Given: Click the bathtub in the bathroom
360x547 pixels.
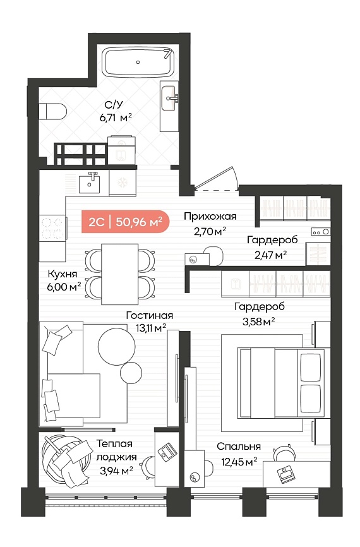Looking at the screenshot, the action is pyautogui.click(x=138, y=63).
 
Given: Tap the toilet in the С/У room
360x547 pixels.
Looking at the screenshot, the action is pyautogui.click(x=52, y=111).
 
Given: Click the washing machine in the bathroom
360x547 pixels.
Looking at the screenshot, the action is pyautogui.click(x=121, y=150).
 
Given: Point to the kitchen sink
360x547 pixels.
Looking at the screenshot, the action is pyautogui.click(x=89, y=183).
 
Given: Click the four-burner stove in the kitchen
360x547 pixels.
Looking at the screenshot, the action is pyautogui.click(x=52, y=228).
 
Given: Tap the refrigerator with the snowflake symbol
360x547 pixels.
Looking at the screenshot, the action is pyautogui.click(x=123, y=183).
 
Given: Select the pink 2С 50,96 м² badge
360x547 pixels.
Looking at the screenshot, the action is pyautogui.click(x=125, y=222).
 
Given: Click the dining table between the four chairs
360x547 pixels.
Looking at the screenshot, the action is pyautogui.click(x=119, y=274).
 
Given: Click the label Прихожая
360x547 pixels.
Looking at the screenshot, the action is pyautogui.click(x=210, y=216).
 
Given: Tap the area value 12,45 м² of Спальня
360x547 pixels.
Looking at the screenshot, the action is pyautogui.click(x=239, y=462).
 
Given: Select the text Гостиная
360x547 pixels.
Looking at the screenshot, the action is pyautogui.click(x=150, y=315).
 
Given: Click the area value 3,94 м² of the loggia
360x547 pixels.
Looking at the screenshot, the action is pyautogui.click(x=116, y=471).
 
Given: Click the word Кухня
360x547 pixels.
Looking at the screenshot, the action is pyautogui.click(x=63, y=274).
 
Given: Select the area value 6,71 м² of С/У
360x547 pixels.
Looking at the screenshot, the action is pyautogui.click(x=116, y=117).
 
